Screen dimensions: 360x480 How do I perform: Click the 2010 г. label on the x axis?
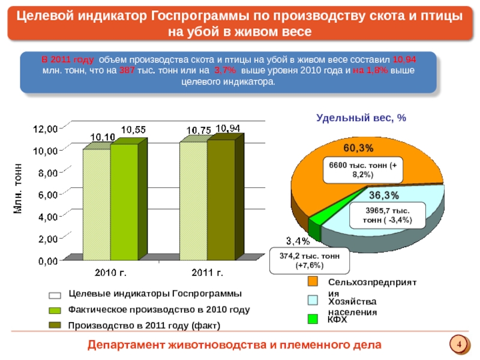click(111, 274)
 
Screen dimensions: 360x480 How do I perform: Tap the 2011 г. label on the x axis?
click(207, 274)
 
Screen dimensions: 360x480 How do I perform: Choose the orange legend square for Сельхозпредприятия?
click(313, 281)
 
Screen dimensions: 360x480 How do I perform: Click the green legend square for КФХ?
click(313, 320)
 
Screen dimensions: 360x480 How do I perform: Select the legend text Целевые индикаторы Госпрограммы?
click(155, 294)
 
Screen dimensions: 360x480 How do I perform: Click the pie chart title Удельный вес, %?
click(361, 119)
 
